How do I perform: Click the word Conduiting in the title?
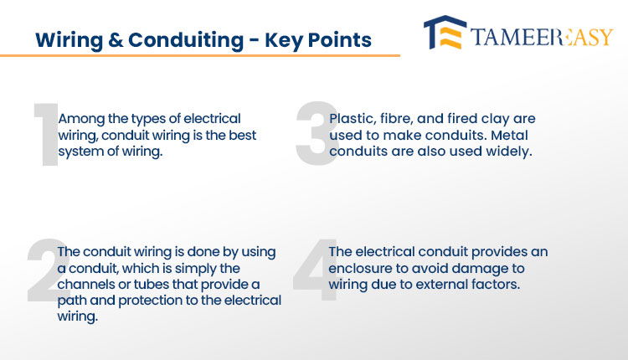pyautogui.click(x=186, y=40)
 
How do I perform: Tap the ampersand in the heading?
pyautogui.click(x=116, y=40)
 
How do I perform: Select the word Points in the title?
pyautogui.click(x=340, y=40)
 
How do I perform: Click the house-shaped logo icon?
pyautogui.click(x=445, y=33)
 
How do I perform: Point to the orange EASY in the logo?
pyautogui.click(x=587, y=37)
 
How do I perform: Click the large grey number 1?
pyautogui.click(x=46, y=134)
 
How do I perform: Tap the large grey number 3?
pyautogui.click(x=317, y=133)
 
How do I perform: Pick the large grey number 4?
pyautogui.click(x=316, y=270)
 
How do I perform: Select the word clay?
pyautogui.click(x=494, y=119)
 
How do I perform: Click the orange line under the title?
pyautogui.click(x=200, y=55)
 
